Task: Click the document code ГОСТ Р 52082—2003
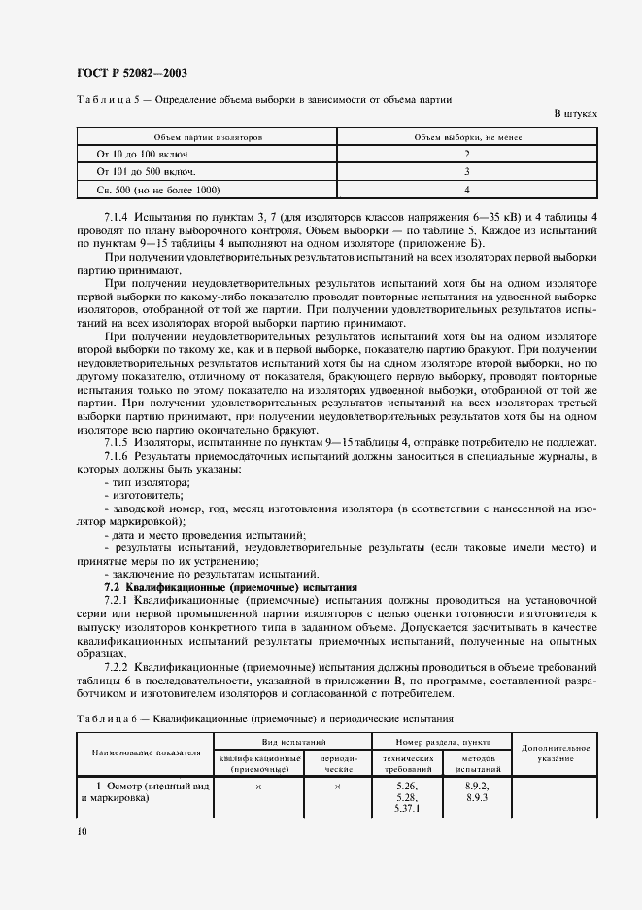click(130, 73)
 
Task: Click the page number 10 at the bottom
click(81, 831)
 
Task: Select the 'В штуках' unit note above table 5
click(575, 114)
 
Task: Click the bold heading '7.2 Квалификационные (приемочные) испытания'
click(231, 588)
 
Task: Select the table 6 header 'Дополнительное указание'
click(555, 752)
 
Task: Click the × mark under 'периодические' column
click(337, 786)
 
